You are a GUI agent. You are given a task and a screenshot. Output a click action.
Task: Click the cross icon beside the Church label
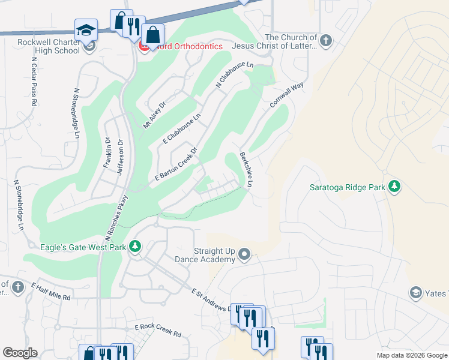click(x=325, y=41)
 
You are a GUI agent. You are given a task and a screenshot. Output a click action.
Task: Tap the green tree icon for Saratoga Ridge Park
click(x=394, y=187)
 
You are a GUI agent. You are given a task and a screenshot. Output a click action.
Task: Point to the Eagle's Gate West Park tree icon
click(x=136, y=246)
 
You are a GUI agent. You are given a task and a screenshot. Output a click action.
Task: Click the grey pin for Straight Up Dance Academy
click(x=244, y=254)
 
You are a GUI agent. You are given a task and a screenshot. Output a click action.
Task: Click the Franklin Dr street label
click(x=109, y=152)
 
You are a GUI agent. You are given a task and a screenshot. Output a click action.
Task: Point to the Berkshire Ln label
click(x=246, y=169)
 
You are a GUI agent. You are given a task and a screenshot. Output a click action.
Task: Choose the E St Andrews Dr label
click(x=212, y=300)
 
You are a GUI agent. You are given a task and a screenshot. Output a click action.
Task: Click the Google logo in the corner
click(x=20, y=353)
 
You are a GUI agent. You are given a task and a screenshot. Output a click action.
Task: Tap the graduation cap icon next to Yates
click(x=415, y=292)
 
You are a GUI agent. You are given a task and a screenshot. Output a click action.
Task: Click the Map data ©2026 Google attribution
click(x=411, y=355)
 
